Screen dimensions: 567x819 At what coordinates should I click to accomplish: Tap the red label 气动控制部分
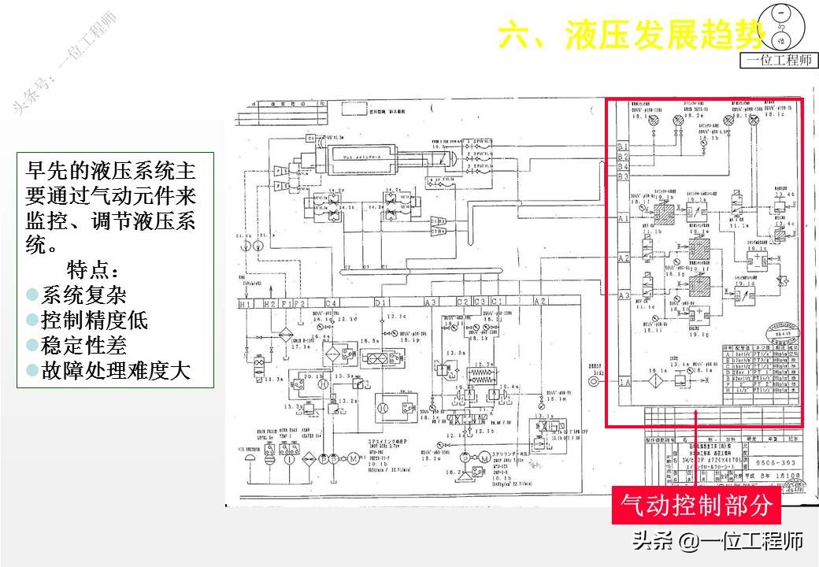[696, 505]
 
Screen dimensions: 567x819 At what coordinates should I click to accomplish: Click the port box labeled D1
[382, 303]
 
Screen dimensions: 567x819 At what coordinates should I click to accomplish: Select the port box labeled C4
[332, 303]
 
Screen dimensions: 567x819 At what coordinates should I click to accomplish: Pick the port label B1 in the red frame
[623, 147]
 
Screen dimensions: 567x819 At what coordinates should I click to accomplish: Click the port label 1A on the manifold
[624, 383]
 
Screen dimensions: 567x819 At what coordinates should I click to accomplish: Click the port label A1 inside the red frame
[624, 220]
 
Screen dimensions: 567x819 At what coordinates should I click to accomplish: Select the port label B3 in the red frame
[623, 167]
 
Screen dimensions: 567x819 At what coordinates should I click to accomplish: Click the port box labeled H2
[269, 303]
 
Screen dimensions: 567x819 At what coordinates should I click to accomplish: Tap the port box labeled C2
[463, 302]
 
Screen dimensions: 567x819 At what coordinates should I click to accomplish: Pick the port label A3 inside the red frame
[624, 296]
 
